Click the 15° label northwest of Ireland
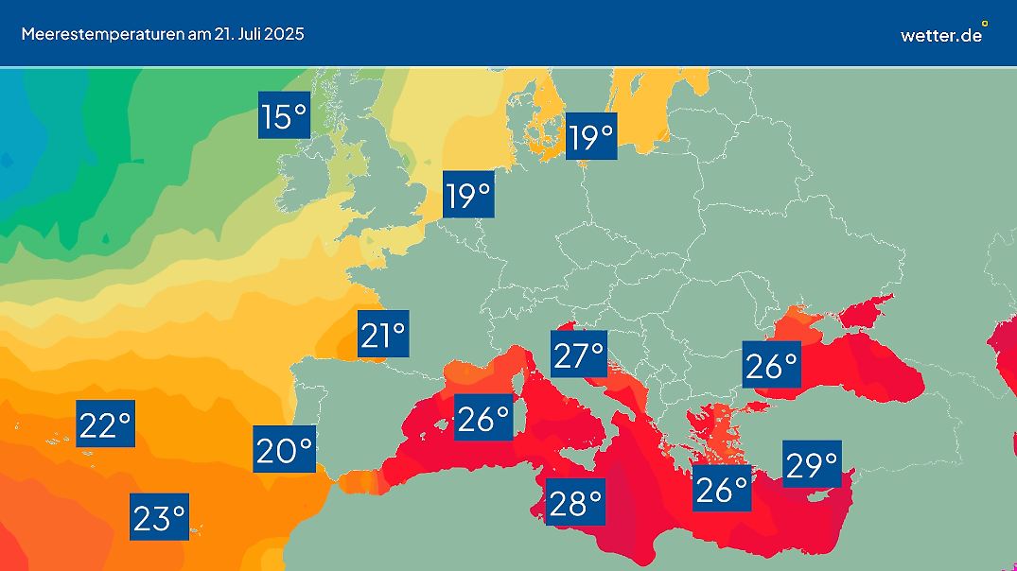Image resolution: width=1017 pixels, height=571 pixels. click(x=285, y=117)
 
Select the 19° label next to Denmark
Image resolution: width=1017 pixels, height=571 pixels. click(x=591, y=138)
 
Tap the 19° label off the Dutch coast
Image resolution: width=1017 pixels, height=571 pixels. click(x=469, y=196)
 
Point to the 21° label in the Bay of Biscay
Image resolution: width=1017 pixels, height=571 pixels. click(x=383, y=334)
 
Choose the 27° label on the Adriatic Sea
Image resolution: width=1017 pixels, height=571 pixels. click(x=579, y=355)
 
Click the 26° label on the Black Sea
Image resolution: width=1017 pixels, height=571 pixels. click(x=771, y=365)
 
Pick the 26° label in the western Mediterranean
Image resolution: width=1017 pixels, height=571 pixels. click(x=482, y=417)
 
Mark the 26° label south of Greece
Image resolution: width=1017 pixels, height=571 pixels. click(x=722, y=488)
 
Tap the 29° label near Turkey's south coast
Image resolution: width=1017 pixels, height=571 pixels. click(x=812, y=463)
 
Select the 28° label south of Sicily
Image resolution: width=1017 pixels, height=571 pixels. click(x=575, y=502)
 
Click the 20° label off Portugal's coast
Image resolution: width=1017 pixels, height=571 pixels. click(x=284, y=450)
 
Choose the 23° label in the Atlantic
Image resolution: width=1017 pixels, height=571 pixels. click(x=159, y=517)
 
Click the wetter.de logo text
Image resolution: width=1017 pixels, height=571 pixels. click(x=940, y=35)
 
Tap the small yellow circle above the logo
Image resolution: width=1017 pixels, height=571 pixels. click(x=985, y=23)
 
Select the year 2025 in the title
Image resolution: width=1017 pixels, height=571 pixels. click(x=282, y=34)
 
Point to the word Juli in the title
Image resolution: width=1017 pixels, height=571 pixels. click(x=238, y=34)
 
